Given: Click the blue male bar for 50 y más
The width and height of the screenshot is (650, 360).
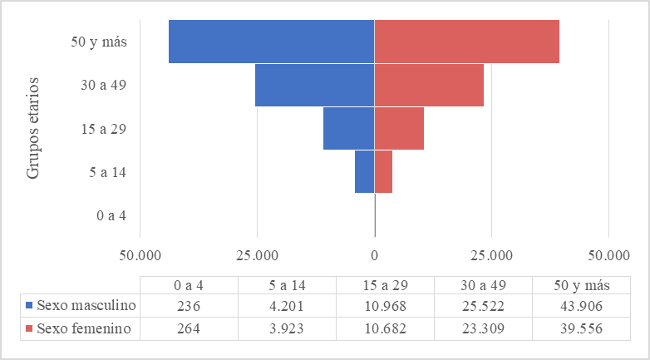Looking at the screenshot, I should [271, 41].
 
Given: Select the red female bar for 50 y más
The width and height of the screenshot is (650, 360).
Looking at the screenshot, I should [466, 41].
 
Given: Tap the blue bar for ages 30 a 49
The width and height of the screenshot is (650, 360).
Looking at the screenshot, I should [314, 85].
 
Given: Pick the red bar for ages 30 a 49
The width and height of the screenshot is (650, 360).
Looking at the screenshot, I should [429, 85].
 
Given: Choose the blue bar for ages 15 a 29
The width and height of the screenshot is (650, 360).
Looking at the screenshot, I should [349, 128].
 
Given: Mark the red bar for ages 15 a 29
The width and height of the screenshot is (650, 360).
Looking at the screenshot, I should [399, 128].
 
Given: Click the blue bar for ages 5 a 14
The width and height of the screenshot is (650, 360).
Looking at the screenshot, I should [364, 171].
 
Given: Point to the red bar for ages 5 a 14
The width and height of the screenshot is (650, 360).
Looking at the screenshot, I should [383, 171].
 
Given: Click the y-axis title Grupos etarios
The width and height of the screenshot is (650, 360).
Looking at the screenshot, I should [33, 127].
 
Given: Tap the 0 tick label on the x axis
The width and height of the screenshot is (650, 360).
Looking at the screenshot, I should [374, 253].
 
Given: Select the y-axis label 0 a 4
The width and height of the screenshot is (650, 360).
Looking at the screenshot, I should [111, 215].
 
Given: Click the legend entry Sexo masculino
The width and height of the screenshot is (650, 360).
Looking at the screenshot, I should [81, 305].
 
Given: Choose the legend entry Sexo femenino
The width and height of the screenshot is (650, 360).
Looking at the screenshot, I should [81, 328].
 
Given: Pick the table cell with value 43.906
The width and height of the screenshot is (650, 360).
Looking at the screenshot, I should [582, 305].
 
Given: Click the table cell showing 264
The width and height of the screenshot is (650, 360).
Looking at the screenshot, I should [189, 328].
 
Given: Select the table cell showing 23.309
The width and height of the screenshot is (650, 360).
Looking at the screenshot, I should [484, 328].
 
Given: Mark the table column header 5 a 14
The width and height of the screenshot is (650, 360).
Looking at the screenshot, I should [287, 284].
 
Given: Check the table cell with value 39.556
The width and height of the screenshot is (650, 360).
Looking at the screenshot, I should [582, 328].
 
